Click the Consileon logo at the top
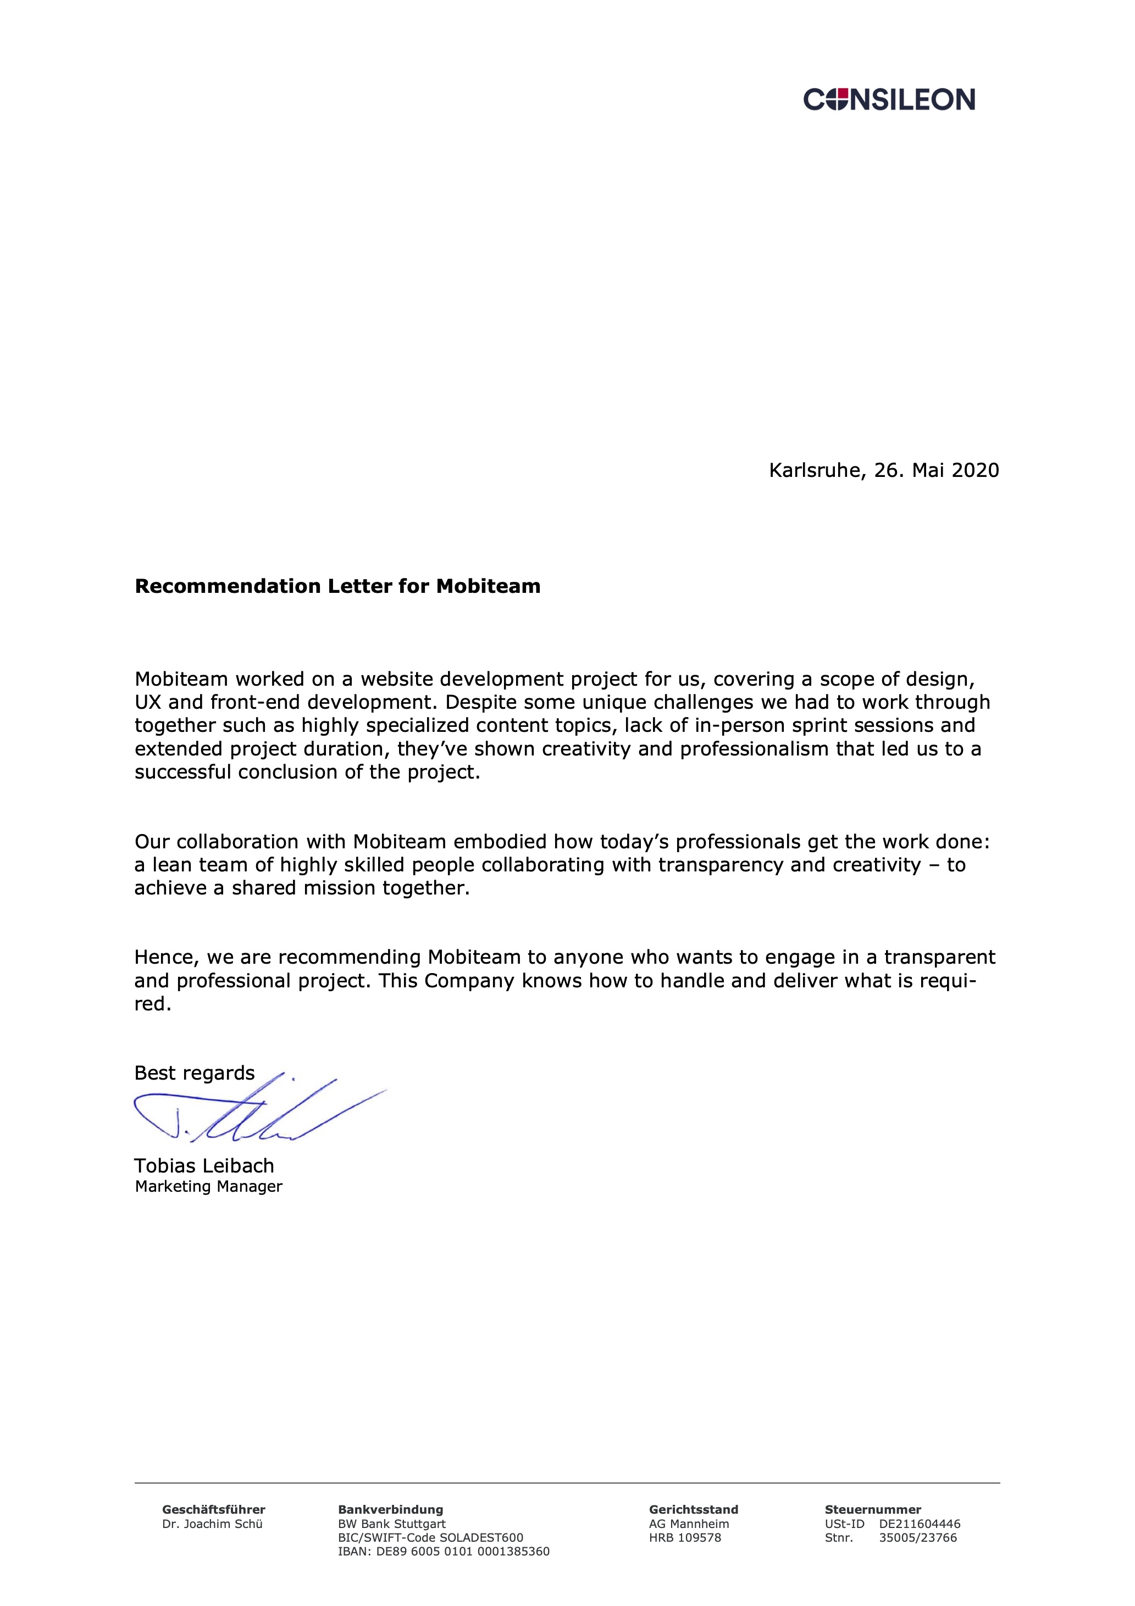pos(889,99)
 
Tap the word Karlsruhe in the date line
pos(814,470)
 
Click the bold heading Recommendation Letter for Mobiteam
pos(337,586)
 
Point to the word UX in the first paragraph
pos(148,702)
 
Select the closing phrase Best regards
pos(195,1073)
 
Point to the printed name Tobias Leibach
pos(204,1166)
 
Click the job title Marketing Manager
pos(208,1186)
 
